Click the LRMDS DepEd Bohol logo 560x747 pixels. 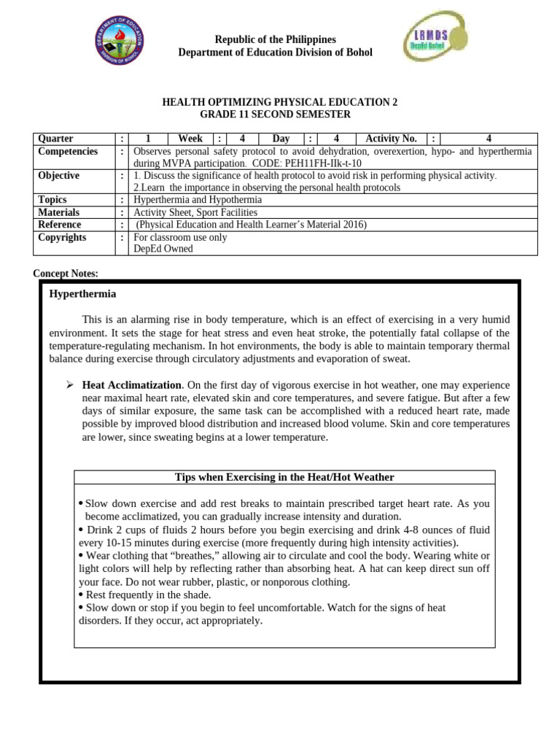432,45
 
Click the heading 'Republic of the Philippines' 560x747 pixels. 275,39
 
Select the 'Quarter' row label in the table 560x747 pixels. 55,139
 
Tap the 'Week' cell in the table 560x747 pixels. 190,139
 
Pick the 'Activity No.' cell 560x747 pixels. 391,139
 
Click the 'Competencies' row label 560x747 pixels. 68,151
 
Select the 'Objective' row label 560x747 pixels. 59,176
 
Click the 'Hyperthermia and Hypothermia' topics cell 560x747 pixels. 198,200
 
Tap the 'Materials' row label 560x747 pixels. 59,212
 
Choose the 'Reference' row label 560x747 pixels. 60,225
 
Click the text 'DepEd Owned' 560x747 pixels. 163,249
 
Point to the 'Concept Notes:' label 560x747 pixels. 66,274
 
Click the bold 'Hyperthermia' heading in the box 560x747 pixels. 82,294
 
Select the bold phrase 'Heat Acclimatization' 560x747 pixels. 132,384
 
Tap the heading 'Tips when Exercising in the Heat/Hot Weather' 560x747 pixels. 284,477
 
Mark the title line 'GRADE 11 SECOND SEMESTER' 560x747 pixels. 275,115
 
